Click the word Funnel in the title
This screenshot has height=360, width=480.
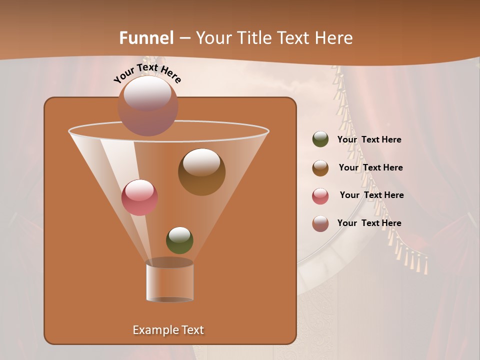coord(146,38)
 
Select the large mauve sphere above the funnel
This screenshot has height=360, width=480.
coord(148,105)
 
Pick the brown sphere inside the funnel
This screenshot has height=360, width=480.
coord(201,172)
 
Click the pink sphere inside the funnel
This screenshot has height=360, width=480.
coord(139,197)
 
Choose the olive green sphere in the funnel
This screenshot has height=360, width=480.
coord(179,240)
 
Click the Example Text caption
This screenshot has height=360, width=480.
coord(168,330)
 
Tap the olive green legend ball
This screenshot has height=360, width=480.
coord(320,139)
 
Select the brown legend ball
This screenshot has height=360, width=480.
coord(320,168)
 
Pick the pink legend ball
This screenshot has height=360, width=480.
coord(320,196)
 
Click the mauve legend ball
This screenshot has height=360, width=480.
coord(320,223)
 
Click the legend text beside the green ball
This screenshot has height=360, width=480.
coord(369,140)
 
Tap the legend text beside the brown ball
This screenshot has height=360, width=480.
coord(370,168)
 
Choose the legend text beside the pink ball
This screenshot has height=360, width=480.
coord(371,195)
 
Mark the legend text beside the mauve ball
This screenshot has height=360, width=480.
coord(369,223)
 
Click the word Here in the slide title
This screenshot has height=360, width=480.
coord(334,38)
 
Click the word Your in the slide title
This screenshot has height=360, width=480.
coord(212,38)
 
